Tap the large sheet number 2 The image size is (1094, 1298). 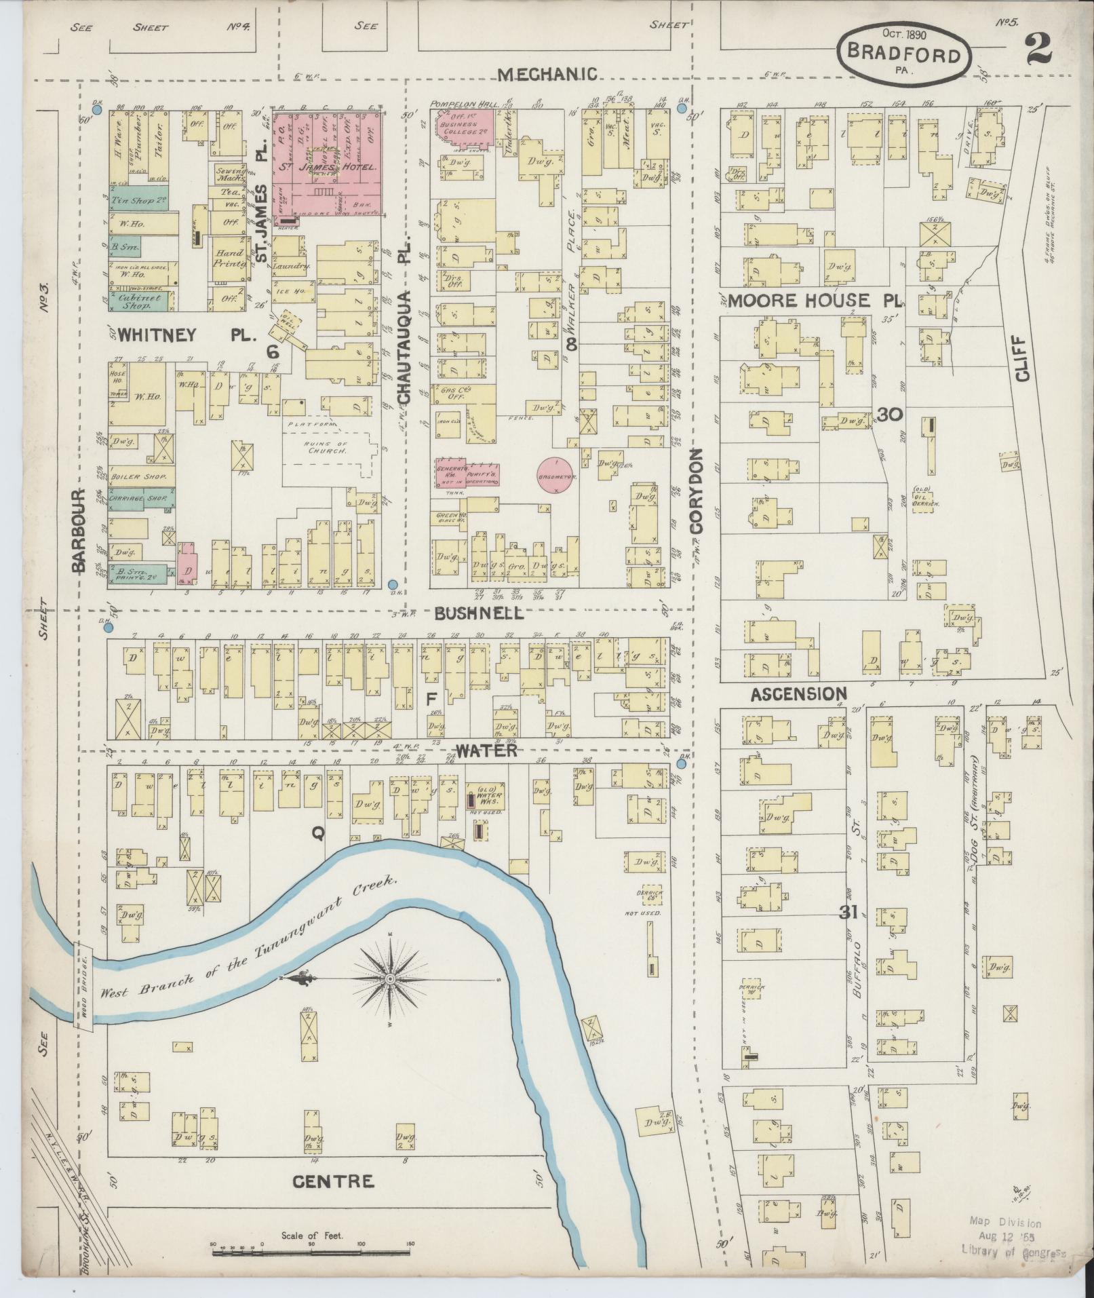click(1038, 49)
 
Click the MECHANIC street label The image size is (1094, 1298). click(548, 74)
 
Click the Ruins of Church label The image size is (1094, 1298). click(328, 448)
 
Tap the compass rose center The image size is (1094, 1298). click(391, 980)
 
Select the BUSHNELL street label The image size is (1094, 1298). click(480, 613)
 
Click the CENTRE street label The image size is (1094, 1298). click(332, 1182)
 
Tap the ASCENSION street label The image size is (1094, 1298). click(799, 693)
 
